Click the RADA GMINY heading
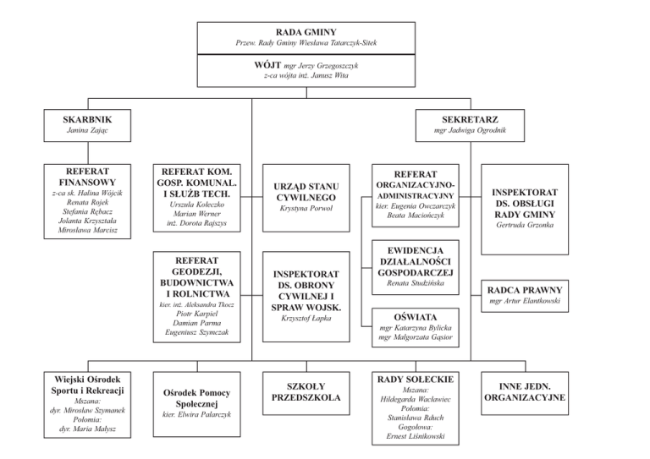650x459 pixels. pos(324,31)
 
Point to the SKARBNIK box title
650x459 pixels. pos(87,119)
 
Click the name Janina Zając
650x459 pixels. pos(87,132)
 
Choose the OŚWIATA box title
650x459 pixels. pos(416,316)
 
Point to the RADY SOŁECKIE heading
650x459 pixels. pos(416,379)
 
